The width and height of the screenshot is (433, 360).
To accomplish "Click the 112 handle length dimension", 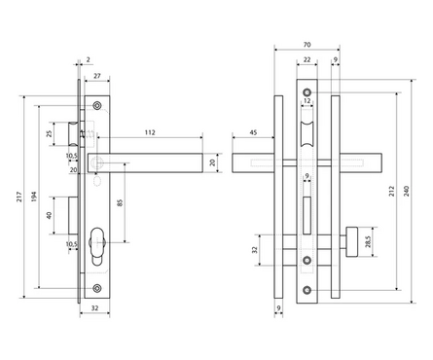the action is pos(150,132).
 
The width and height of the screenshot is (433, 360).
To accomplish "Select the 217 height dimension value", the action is pos(19,197).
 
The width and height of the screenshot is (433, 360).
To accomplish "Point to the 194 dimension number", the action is pos(34,197).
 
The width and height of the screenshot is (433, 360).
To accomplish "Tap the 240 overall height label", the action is pos(407,191).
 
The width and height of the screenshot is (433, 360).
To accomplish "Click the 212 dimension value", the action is pos(392,191).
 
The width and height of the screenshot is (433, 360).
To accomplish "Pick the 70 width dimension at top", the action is pos(307,45).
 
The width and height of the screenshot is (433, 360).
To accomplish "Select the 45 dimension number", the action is pos(253,132).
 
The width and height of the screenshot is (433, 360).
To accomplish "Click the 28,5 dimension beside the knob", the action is pos(368,241).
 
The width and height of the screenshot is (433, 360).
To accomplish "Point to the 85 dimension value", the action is pos(121,203).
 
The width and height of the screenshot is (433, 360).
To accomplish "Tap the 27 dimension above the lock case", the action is pos(97,76).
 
